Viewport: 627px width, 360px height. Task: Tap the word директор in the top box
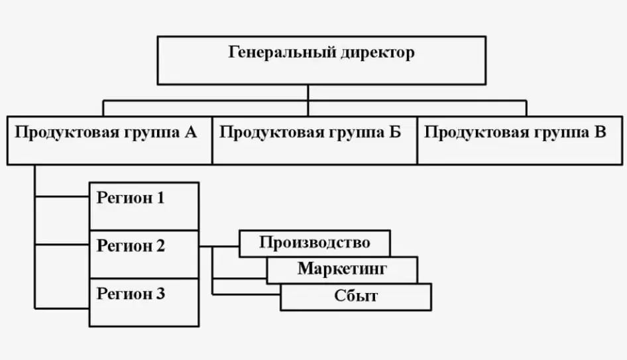tap(378, 52)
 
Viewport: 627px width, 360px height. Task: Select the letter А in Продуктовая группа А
tap(191, 132)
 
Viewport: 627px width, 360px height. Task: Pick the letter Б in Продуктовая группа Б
tap(394, 132)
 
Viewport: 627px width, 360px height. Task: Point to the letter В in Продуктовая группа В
tap(600, 132)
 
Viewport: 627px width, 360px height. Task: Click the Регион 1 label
tap(131, 198)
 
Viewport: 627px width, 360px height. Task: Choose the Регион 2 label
tap(131, 245)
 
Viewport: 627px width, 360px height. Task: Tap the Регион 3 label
tap(131, 294)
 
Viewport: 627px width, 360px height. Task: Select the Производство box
tap(315, 243)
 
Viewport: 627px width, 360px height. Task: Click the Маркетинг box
tap(342, 270)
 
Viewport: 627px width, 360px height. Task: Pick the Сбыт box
tap(356, 297)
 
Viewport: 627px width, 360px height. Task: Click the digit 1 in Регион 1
tap(160, 198)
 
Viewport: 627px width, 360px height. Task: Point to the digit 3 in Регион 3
tap(160, 294)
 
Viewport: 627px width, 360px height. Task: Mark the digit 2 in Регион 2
tap(160, 245)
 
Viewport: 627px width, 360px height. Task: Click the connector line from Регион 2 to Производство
tap(219, 247)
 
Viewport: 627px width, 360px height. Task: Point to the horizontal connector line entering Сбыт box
tap(247, 294)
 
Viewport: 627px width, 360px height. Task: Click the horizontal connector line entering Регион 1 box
tap(62, 197)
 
